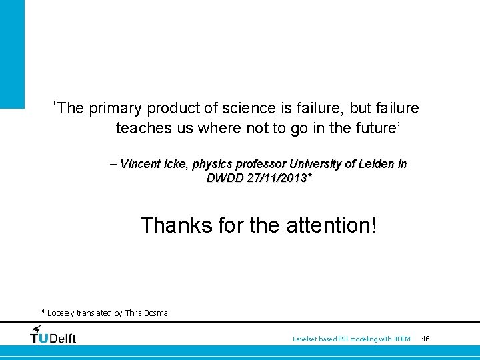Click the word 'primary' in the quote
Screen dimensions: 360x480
click(x=115, y=109)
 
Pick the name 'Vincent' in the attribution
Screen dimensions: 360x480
click(x=141, y=164)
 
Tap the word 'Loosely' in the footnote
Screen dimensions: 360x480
click(x=62, y=313)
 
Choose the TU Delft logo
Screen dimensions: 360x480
click(x=53, y=335)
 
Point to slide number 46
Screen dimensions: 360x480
click(x=426, y=339)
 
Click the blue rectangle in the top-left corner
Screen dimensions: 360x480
click(x=12, y=53)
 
